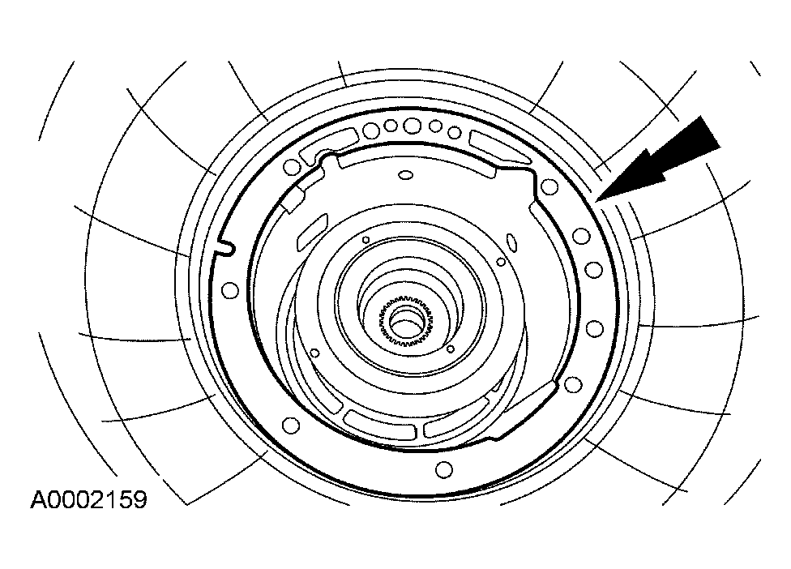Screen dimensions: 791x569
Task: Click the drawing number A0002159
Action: (x=89, y=499)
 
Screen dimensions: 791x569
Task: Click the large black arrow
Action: (x=661, y=159)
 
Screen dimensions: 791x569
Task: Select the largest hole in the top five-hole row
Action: (x=413, y=125)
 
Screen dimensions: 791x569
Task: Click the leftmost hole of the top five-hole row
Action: (x=371, y=130)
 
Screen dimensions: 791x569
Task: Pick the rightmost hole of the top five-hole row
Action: (x=455, y=132)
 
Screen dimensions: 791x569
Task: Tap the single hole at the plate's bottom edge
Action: (x=444, y=469)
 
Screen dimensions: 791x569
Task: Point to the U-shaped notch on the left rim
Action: (x=224, y=247)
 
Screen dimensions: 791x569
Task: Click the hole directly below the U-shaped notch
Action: (x=230, y=289)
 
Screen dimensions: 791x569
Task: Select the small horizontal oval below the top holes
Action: (x=405, y=175)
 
